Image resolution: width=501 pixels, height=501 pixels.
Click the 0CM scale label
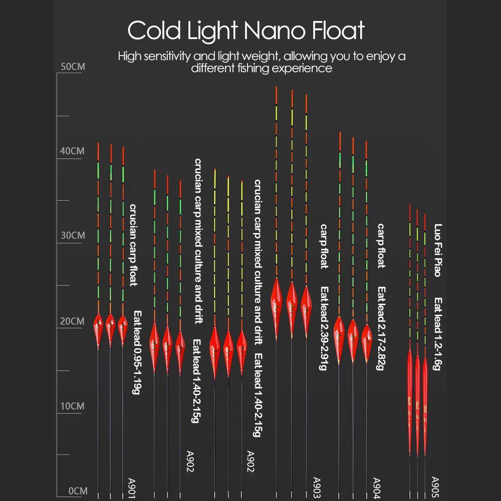click(77, 491)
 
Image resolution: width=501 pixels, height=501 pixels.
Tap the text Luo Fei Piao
click(437, 249)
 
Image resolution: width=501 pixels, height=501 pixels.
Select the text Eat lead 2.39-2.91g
click(324, 328)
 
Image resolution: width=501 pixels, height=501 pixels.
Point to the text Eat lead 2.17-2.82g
click(381, 328)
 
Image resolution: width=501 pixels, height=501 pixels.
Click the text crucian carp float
click(133, 244)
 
